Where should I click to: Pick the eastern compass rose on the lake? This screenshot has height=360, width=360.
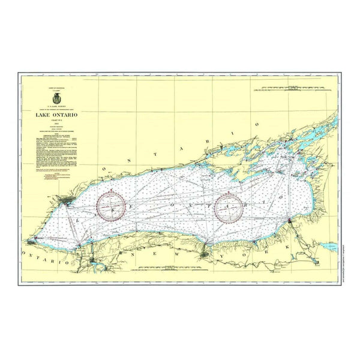point(231,208)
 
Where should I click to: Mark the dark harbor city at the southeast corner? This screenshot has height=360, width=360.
point(290,221)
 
